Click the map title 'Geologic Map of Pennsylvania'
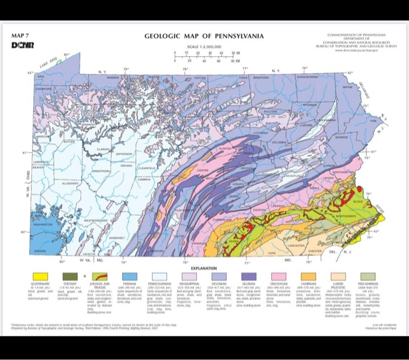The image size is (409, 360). click(204, 37)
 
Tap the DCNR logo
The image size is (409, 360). click(20, 45)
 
